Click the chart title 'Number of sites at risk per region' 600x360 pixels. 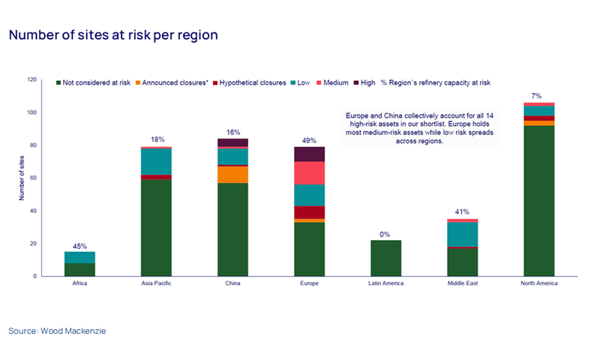point(113,35)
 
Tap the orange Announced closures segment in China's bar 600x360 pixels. point(232,174)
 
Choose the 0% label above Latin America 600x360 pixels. point(384,235)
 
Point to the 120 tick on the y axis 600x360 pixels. point(31,79)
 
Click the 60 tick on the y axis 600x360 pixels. point(33,178)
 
